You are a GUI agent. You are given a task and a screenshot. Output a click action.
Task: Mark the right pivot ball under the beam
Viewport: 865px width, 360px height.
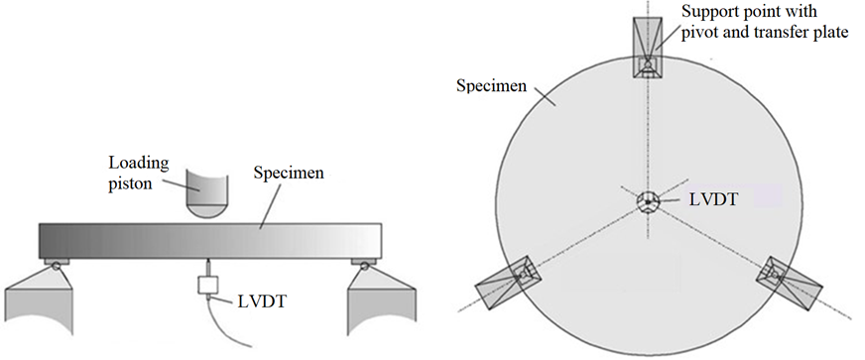click(362, 263)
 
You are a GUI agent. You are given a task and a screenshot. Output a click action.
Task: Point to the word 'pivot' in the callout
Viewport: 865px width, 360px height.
click(701, 32)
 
